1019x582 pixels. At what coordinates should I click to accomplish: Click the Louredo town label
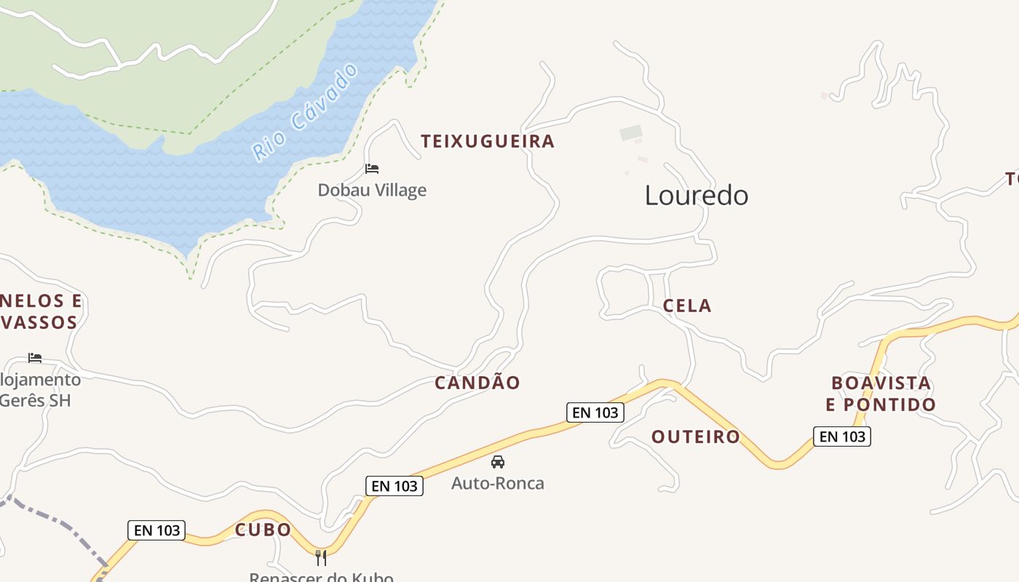[697, 195]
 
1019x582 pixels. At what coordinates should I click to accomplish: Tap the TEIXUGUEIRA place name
[488, 141]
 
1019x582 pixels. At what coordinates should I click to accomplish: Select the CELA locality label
[687, 306]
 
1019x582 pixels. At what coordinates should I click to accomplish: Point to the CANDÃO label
[477, 383]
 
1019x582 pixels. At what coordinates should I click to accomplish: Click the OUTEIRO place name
[695, 436]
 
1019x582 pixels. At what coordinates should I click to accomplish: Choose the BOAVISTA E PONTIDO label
[881, 394]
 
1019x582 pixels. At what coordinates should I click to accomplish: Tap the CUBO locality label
[263, 530]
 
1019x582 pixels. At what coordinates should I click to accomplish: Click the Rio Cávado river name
[306, 113]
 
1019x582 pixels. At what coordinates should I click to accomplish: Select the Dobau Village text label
[372, 191]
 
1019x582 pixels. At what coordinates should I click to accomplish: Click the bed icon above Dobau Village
[372, 169]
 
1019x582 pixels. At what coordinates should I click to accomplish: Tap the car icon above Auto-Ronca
[498, 461]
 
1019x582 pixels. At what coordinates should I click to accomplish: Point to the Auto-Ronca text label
[498, 483]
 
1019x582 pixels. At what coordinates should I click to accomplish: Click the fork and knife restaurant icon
[321, 558]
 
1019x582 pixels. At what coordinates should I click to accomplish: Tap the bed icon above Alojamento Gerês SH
[35, 357]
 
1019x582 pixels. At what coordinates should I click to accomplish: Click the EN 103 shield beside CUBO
[156, 530]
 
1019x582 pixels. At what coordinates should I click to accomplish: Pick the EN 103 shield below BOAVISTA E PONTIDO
[842, 436]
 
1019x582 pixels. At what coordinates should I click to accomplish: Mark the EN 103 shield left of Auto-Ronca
[394, 486]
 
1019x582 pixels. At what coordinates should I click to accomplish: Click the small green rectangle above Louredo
[631, 133]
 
